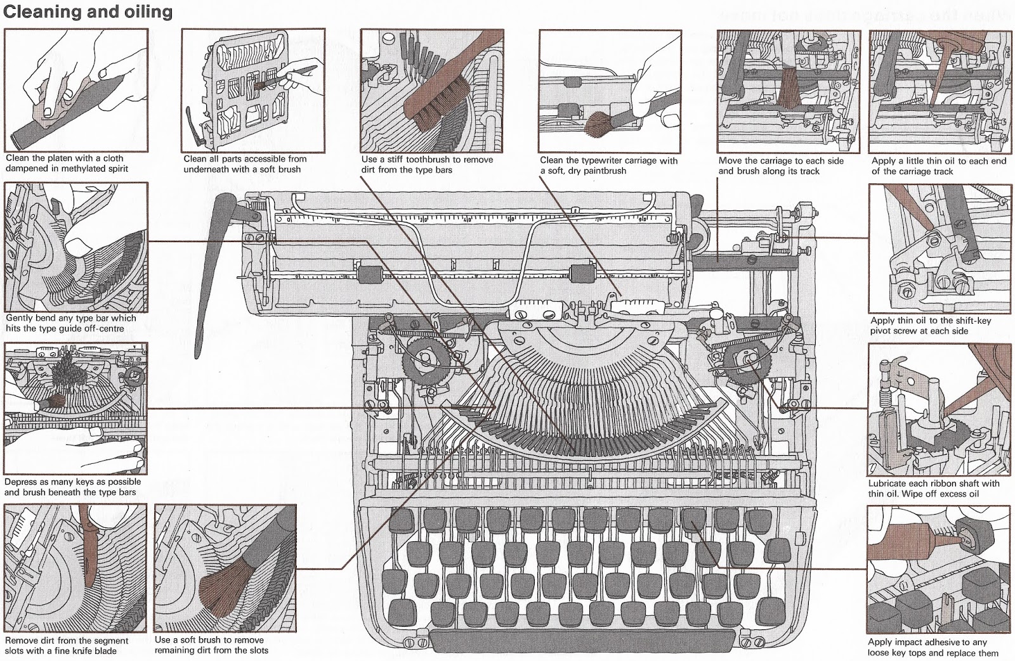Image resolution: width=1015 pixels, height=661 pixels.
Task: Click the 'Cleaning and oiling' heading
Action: pyautogui.click(x=88, y=11)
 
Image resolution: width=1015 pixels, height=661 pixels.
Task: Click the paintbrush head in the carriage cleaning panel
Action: pyautogui.click(x=596, y=125)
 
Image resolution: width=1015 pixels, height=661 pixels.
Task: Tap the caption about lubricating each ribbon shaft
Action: pyautogui.click(x=933, y=488)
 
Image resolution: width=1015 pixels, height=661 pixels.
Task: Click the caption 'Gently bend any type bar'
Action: pyautogui.click(x=70, y=323)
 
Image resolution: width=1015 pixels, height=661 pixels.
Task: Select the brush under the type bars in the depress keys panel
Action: pyautogui.click(x=53, y=403)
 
